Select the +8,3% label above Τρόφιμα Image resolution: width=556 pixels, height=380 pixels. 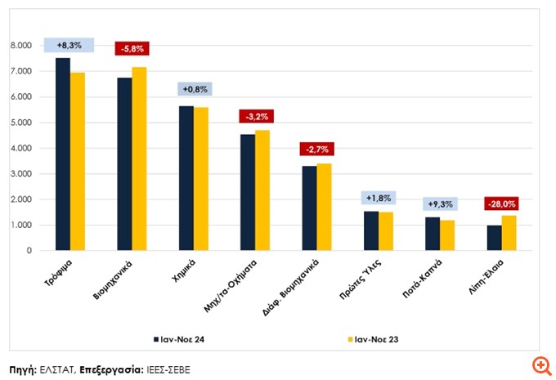click(x=70, y=45)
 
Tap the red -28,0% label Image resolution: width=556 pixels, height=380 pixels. click(x=501, y=203)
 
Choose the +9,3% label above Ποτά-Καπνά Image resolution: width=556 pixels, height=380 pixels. click(x=440, y=203)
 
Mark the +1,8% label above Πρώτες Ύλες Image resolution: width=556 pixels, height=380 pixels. click(x=379, y=198)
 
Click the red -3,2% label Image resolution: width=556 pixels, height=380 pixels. click(x=255, y=116)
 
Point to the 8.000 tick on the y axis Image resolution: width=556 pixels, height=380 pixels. click(x=20, y=46)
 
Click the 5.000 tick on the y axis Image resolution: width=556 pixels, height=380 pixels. click(x=20, y=123)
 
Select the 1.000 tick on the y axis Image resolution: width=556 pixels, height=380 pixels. click(x=20, y=225)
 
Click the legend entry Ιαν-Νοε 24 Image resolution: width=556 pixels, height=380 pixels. click(x=182, y=338)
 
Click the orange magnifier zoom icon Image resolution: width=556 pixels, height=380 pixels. click(x=540, y=364)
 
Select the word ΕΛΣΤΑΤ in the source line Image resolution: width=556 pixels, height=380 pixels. click(x=58, y=369)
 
